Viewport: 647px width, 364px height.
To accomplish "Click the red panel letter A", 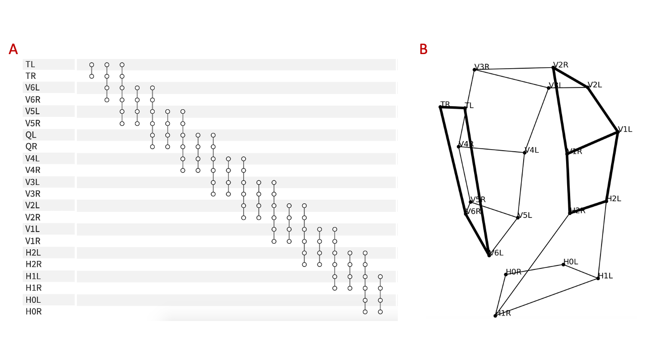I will click(x=13, y=50).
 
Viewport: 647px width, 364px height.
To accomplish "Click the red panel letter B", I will click(x=423, y=50).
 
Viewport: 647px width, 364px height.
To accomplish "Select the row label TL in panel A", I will click(x=30, y=65).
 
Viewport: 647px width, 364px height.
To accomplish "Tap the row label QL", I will click(x=31, y=135).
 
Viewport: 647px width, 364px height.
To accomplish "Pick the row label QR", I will click(x=31, y=147).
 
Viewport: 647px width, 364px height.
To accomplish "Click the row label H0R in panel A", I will click(x=33, y=312).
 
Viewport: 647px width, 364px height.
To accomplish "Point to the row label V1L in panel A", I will click(x=32, y=229).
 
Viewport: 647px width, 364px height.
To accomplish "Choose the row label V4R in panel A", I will click(x=32, y=170).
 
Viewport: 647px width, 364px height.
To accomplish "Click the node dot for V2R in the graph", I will click(x=553, y=67).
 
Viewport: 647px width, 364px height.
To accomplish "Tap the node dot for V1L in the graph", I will click(x=618, y=132).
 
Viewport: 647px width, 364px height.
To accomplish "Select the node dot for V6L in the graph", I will click(x=489, y=255).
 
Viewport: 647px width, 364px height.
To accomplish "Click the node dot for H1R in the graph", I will click(x=495, y=315).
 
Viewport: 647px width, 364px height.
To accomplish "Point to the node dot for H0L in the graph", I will click(x=563, y=264).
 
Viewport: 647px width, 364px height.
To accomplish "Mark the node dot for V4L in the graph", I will click(x=524, y=153).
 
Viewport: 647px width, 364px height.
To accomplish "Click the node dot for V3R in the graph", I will click(x=475, y=69).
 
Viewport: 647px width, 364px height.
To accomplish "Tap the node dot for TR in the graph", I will click(x=440, y=107).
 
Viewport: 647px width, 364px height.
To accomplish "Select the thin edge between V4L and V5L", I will click(x=521, y=185).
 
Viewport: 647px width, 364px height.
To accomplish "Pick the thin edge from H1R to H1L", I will click(x=546, y=297).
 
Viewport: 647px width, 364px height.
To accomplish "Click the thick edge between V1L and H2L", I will click(x=612, y=167).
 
